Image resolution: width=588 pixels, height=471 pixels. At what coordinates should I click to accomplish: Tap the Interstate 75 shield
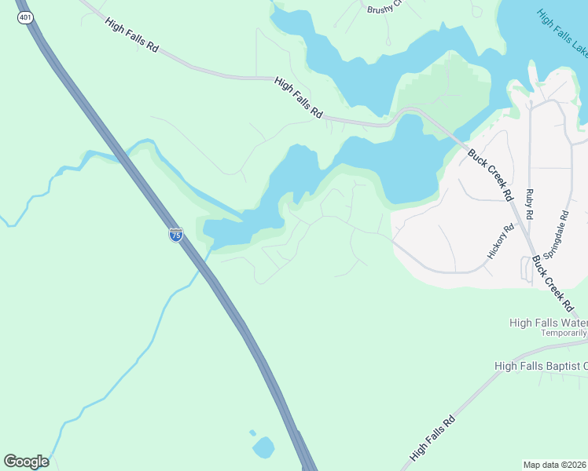point(176,234)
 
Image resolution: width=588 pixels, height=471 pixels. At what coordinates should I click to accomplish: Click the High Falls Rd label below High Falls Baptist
point(432,438)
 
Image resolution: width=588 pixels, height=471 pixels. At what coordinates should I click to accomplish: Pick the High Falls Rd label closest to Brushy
point(299,97)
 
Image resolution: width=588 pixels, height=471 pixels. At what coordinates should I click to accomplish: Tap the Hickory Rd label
point(500,241)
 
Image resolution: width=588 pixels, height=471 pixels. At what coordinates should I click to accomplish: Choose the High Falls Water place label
point(548,322)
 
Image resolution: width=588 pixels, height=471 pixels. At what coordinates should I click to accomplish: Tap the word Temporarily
point(564,333)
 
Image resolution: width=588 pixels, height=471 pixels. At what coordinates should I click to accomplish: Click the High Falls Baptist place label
point(541,366)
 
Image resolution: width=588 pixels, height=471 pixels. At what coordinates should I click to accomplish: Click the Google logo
point(26,462)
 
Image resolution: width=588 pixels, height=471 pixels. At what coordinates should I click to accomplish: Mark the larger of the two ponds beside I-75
point(263,448)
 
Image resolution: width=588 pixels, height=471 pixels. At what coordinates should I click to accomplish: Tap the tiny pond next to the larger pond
point(252,433)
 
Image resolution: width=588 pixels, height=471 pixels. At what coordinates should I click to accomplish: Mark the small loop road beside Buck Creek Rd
point(526,270)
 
